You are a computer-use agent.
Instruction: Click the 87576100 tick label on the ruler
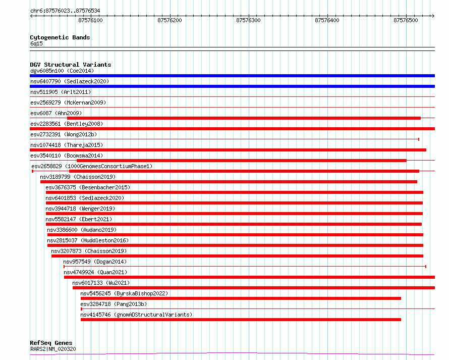90,20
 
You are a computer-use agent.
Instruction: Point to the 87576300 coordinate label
248,20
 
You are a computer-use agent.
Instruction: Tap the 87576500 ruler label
406,20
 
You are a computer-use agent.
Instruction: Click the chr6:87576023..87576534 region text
65,11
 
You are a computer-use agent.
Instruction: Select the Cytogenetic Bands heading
60,37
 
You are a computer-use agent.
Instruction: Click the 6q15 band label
36,43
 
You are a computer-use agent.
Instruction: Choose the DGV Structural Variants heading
71,65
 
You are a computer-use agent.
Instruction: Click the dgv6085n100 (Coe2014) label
62,71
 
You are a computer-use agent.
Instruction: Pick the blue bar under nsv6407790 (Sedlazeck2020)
232,86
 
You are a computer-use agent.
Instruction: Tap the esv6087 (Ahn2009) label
56,113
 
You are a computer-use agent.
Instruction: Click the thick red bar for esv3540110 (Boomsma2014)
241,161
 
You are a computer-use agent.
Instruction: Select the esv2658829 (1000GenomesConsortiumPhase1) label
92,166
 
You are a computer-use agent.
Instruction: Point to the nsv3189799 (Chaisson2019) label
78,177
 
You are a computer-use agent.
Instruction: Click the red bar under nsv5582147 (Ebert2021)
234,224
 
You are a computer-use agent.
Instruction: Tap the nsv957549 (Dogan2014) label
95,262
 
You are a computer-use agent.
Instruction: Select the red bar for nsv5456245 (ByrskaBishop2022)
241,298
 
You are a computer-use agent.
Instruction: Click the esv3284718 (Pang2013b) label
114,304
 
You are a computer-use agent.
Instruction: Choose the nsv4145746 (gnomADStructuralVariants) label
136,315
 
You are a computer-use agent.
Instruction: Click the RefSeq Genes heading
51,343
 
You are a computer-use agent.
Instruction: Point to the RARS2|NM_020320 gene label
53,349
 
